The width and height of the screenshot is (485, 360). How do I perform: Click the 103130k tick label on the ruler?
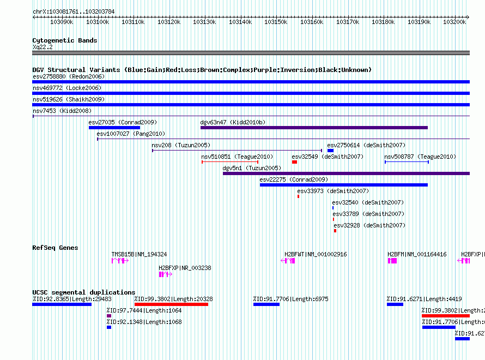204,22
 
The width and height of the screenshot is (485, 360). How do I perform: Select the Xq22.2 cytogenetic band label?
43,47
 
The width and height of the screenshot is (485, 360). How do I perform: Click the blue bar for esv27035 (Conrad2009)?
114,128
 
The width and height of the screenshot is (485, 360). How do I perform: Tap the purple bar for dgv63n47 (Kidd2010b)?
314,128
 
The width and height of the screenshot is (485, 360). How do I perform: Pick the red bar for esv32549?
294,162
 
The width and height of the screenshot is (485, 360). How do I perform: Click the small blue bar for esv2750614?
330,151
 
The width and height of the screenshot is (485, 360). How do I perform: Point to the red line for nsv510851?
230,162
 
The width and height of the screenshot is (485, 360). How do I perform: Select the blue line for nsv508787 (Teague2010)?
407,162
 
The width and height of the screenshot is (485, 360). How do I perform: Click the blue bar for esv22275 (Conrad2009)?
344,185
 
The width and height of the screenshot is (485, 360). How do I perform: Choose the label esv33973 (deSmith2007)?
333,191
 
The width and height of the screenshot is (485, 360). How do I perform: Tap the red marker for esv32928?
335,231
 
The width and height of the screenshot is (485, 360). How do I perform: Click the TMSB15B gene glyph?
120,261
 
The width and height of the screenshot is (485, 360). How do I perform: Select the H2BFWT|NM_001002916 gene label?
316,254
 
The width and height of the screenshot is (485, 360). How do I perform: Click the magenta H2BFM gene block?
392,261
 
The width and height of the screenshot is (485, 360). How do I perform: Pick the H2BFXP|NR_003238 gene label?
185,268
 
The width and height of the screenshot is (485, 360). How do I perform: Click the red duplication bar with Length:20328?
171,304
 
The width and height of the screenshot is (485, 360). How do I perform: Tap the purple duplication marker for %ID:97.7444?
109,316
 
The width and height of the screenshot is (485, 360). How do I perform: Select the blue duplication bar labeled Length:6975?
266,304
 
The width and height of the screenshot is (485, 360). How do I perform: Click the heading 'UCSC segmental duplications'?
84,292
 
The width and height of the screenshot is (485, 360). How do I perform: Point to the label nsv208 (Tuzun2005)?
181,145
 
